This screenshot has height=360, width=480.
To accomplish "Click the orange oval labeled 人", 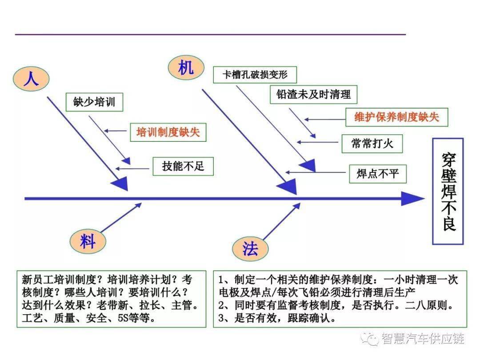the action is tap(31, 79).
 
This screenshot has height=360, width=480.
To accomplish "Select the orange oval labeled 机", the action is tap(186, 68).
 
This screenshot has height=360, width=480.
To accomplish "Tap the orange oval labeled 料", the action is tap(88, 241).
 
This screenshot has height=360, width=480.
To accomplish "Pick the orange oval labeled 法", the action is tap(250, 248).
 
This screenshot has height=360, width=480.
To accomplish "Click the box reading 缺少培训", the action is tap(94, 102).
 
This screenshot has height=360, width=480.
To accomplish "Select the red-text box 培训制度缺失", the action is tap(168, 132).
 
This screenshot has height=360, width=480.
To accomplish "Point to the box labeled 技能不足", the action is tap(183, 166).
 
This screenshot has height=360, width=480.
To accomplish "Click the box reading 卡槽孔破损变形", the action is tap(255, 75).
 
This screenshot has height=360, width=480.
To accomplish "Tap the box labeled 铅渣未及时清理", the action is tap(313, 94).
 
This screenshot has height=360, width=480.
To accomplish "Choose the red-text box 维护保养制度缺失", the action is tap(397, 117).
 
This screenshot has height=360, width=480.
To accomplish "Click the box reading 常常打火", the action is tap(372, 143).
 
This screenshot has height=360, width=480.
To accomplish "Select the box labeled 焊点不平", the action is tap(378, 174).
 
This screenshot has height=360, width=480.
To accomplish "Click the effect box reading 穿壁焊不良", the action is tap(448, 191).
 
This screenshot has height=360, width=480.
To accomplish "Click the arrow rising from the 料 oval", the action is tap(121, 217).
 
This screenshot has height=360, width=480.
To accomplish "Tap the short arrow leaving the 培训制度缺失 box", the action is tap(116, 131).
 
